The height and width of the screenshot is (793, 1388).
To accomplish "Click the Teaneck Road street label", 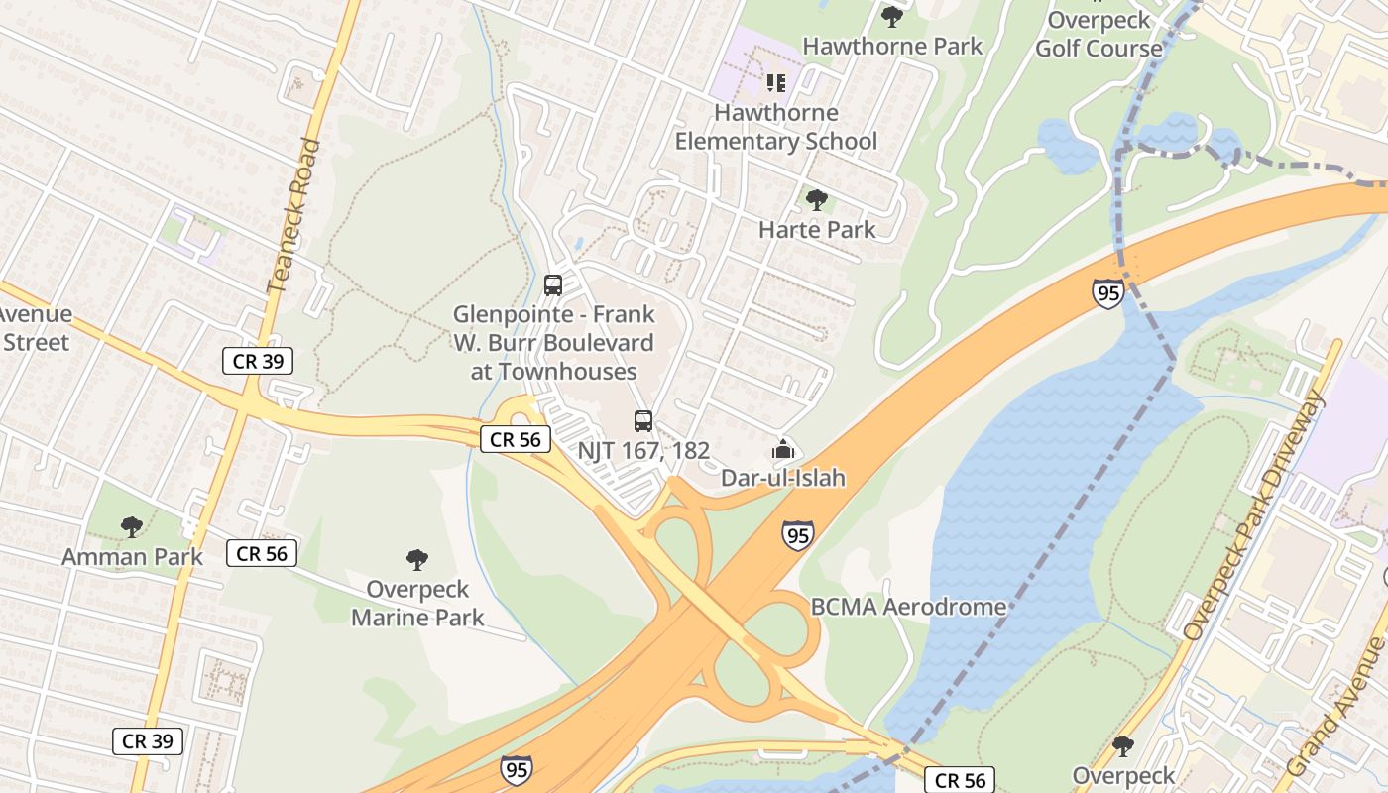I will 295,215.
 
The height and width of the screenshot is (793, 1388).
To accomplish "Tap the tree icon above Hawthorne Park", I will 892,16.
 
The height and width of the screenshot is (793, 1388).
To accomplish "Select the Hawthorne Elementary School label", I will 776,127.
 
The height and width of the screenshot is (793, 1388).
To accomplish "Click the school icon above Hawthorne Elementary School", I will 776,82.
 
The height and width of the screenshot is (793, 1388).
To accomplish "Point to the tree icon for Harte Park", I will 817,200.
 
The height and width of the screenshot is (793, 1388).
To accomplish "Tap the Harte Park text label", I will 817,230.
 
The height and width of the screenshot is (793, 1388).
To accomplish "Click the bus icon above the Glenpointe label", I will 553,285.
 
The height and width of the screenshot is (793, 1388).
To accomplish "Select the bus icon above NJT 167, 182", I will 643,421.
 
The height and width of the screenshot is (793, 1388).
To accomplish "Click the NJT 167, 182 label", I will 643,451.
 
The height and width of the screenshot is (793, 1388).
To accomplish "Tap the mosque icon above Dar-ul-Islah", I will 783,449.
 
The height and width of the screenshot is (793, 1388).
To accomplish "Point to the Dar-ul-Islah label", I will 783,478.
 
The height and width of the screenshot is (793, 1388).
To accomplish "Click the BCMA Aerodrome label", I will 908,607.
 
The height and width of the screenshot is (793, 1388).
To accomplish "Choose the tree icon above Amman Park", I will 132,527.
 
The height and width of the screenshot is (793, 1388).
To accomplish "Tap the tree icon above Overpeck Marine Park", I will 417,560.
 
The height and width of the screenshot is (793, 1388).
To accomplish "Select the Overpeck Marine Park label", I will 417,603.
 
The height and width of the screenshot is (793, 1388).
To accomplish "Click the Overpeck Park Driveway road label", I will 1255,515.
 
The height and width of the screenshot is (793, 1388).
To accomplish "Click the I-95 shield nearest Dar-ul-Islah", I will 797,535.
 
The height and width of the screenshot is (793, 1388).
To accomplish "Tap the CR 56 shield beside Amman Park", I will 262,553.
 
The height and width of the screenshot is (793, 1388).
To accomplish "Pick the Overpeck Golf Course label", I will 1099,34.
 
